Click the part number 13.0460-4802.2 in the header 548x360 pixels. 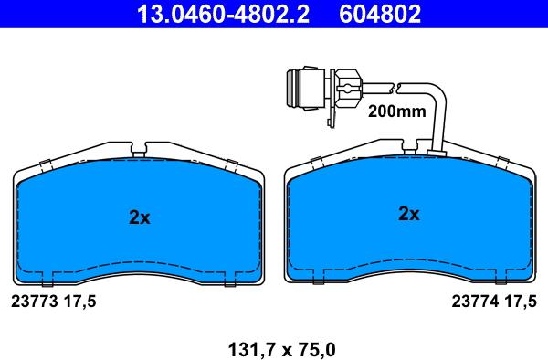click(x=223, y=14)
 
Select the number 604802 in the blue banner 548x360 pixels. click(x=380, y=14)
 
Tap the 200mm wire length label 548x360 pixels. click(x=397, y=111)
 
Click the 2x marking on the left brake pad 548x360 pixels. click(x=140, y=217)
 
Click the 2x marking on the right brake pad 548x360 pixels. click(x=409, y=213)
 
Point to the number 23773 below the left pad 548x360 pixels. click(x=35, y=302)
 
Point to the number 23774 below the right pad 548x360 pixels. click(x=475, y=302)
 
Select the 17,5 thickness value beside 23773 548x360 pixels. click(x=79, y=302)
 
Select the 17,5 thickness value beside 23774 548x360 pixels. click(x=520, y=302)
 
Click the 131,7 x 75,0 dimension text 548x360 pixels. click(x=281, y=350)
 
